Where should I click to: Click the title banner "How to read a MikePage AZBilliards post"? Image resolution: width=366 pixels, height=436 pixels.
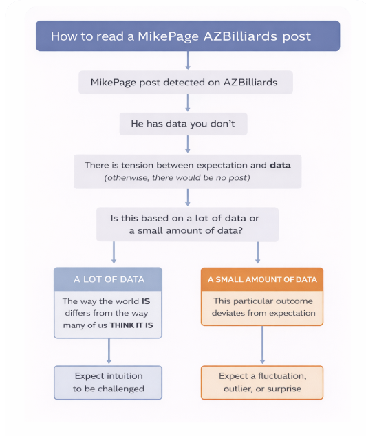(188, 36)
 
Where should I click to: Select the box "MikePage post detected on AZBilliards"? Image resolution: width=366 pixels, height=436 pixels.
(186, 82)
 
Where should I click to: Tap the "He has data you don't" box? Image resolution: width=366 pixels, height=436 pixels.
(183, 124)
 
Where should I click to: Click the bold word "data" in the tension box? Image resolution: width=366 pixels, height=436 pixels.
(280, 165)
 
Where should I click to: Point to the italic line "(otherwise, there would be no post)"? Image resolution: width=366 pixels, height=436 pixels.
(177, 177)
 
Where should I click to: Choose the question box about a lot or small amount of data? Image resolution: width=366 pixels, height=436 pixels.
(187, 224)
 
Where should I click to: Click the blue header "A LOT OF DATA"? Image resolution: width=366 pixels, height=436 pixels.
(108, 279)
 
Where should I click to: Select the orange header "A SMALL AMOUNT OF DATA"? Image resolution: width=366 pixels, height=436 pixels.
(262, 279)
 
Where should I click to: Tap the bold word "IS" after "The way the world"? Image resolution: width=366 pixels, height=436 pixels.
(146, 301)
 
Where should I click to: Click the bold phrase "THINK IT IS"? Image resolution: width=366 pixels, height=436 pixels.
(131, 325)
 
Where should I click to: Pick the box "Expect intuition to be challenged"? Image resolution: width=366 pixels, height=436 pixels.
(108, 382)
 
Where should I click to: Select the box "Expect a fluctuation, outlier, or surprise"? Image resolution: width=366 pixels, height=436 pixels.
(262, 382)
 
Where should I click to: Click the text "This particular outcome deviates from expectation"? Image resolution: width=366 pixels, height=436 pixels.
(263, 307)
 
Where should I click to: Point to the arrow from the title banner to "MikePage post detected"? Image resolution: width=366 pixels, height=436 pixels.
(188, 61)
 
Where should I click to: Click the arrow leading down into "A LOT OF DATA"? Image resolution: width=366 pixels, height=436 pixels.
(114, 252)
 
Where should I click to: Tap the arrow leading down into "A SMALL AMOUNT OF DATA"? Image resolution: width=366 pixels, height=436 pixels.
(257, 252)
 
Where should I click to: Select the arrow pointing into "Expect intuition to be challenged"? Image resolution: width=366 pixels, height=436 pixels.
(109, 351)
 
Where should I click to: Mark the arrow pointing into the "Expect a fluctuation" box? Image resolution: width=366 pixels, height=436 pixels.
(262, 345)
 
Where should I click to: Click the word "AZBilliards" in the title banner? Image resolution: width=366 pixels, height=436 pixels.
(240, 36)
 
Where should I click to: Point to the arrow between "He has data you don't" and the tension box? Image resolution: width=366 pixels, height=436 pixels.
(188, 144)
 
